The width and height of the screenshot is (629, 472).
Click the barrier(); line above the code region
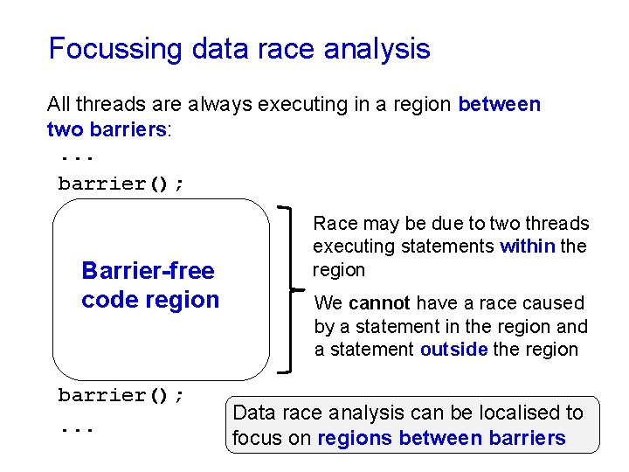coord(121,184)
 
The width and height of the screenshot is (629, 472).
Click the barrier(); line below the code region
coord(121,395)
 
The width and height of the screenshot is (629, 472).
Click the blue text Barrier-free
coord(148,271)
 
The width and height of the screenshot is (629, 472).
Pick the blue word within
coord(528,246)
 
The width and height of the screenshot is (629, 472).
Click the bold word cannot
coord(379,303)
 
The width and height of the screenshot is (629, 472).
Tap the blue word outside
coord(453,350)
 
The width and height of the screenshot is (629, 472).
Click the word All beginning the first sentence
coord(59,105)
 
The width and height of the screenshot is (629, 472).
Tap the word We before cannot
coord(328,303)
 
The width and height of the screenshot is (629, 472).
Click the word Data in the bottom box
coord(253,413)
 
